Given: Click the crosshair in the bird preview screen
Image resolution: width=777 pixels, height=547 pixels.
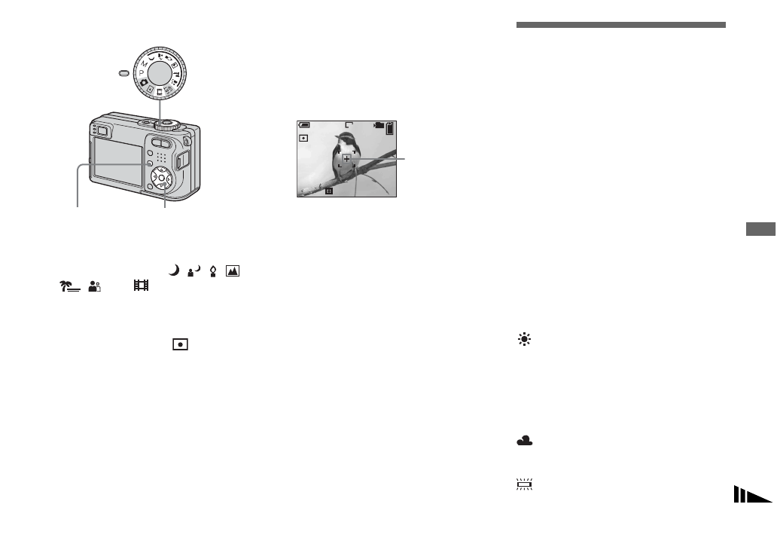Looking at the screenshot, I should click(346, 159).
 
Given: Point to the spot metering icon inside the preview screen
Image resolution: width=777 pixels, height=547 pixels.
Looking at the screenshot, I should click(304, 139).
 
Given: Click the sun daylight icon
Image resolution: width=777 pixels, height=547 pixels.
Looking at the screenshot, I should click(524, 341).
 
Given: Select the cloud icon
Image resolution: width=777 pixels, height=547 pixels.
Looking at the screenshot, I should click(525, 443).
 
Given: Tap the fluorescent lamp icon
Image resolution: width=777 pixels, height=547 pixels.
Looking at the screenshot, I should click(525, 484).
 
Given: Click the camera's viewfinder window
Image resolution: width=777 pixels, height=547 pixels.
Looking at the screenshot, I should click(102, 133).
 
